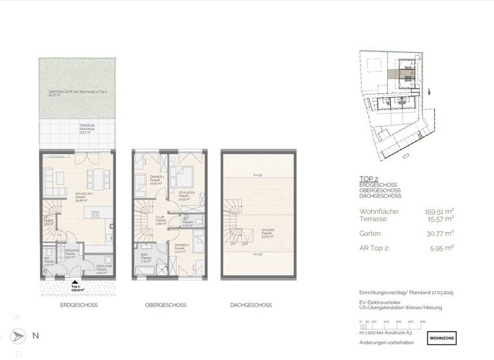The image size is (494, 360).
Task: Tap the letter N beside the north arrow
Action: pos(35,336)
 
